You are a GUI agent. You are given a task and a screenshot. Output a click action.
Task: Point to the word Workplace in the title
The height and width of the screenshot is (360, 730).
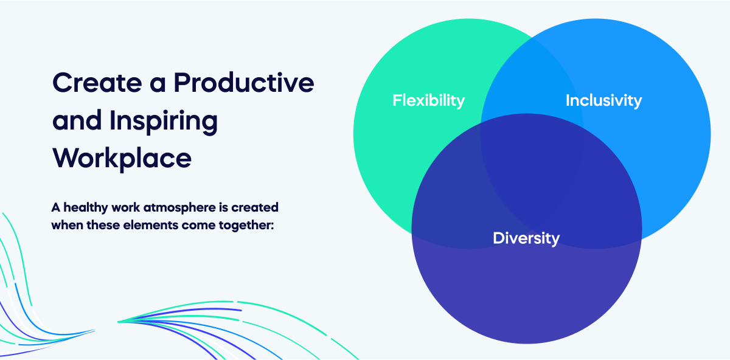coord(122,158)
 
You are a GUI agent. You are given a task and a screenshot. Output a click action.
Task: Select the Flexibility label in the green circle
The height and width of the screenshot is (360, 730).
coord(428,100)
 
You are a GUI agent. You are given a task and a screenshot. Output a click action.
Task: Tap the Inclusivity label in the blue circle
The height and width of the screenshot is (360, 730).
coord(603,100)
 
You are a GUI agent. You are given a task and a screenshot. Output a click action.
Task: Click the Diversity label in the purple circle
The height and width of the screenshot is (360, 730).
coord(526,238)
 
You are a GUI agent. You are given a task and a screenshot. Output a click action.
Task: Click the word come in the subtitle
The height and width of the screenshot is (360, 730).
coord(204,224)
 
